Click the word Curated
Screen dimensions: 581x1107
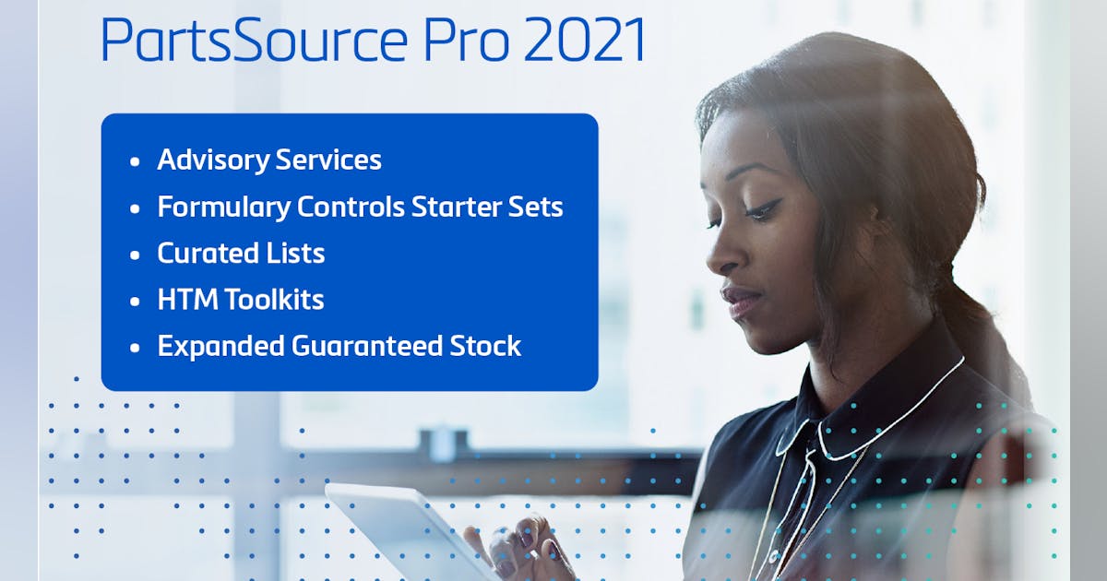tap(208, 253)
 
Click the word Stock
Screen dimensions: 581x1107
tap(485, 346)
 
